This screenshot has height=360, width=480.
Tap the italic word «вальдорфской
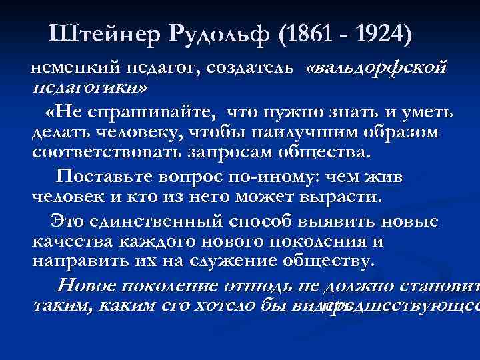[377, 69]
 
